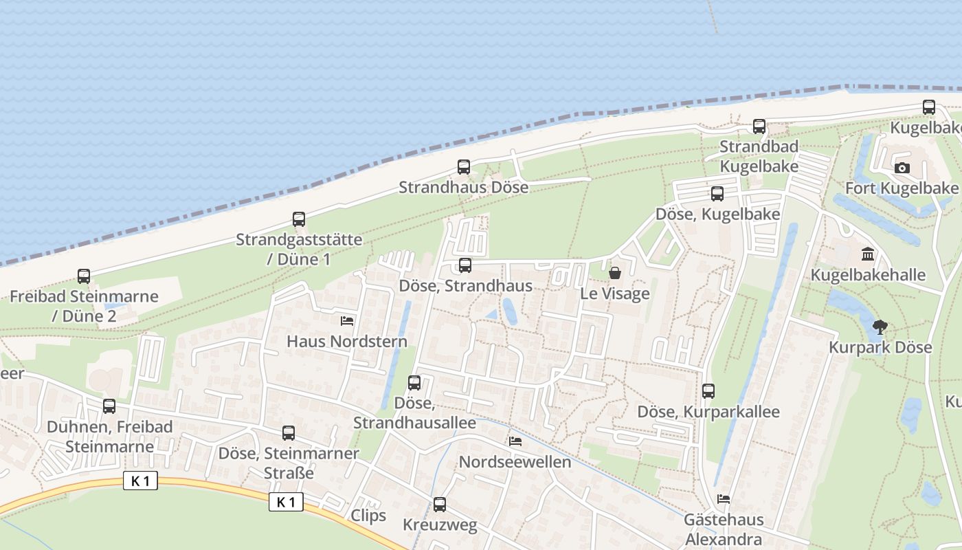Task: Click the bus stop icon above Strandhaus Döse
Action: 464,167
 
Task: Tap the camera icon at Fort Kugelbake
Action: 902,168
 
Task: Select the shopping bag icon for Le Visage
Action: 615,273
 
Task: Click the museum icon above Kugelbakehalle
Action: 868,254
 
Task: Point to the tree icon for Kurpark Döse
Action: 880,327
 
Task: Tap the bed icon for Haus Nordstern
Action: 347,320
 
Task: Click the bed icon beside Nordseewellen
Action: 515,441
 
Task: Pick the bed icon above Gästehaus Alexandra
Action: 723,498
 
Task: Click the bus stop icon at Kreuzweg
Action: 440,505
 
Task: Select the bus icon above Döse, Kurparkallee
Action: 708,391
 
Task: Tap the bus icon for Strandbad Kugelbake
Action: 759,126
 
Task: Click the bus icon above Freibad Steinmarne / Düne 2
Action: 84,276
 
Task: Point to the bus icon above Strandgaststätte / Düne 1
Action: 299,219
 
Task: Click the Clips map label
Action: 368,516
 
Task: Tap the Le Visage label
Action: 615,294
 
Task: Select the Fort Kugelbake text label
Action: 902,188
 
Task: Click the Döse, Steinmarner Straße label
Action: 289,463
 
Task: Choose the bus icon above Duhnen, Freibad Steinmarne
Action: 109,406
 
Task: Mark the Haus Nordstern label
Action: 347,341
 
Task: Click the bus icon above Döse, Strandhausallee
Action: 414,383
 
